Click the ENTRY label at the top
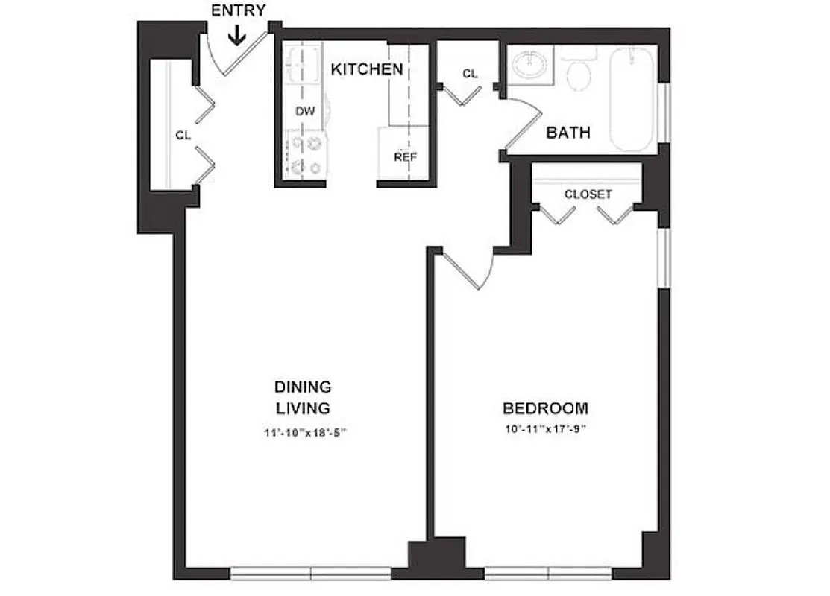[238, 10]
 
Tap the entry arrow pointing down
[237, 36]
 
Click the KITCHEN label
[367, 69]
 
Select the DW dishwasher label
[305, 111]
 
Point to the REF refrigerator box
[405, 156]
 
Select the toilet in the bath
[578, 71]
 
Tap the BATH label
[568, 133]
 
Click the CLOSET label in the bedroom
[588, 194]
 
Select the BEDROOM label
[545, 408]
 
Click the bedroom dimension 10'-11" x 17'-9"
[545, 429]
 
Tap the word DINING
[303, 387]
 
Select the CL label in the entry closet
[183, 136]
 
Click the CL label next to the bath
[469, 74]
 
